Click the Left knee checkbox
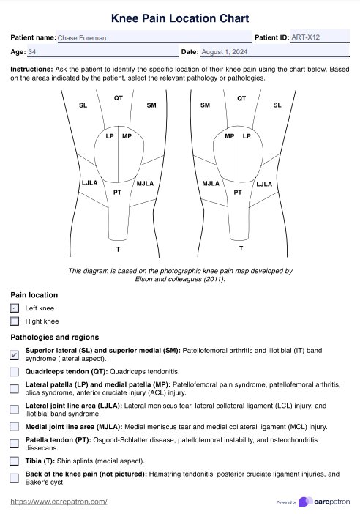15,308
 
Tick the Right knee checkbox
15,321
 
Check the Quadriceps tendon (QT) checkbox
14,372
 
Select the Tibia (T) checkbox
14,461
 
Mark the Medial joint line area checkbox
14,426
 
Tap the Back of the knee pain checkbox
14,478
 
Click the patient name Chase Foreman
82,37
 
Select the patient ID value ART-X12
305,37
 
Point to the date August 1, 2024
225,52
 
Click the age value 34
31,52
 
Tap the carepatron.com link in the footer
59,502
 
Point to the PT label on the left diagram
117,193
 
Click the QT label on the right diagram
241,98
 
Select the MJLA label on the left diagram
145,183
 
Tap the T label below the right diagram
241,248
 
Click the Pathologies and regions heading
55,338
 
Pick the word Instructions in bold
31,69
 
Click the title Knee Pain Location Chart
180,18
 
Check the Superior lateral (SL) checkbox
14,354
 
